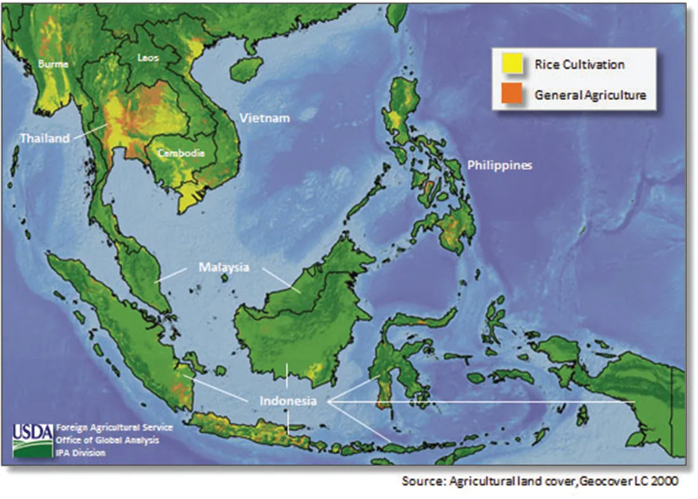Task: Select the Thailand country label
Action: (x=44, y=138)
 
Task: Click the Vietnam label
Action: (x=264, y=118)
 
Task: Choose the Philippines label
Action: (x=499, y=165)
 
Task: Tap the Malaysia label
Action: (x=224, y=267)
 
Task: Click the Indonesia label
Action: (x=287, y=401)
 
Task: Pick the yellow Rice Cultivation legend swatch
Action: (x=514, y=64)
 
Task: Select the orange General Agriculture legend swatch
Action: (x=514, y=94)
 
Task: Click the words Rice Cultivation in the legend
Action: (x=579, y=64)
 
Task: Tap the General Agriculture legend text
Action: (x=590, y=94)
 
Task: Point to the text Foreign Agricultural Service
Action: (x=114, y=427)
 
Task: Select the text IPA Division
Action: (x=80, y=453)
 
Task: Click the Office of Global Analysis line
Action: (x=107, y=440)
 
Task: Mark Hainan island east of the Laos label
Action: (x=246, y=66)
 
